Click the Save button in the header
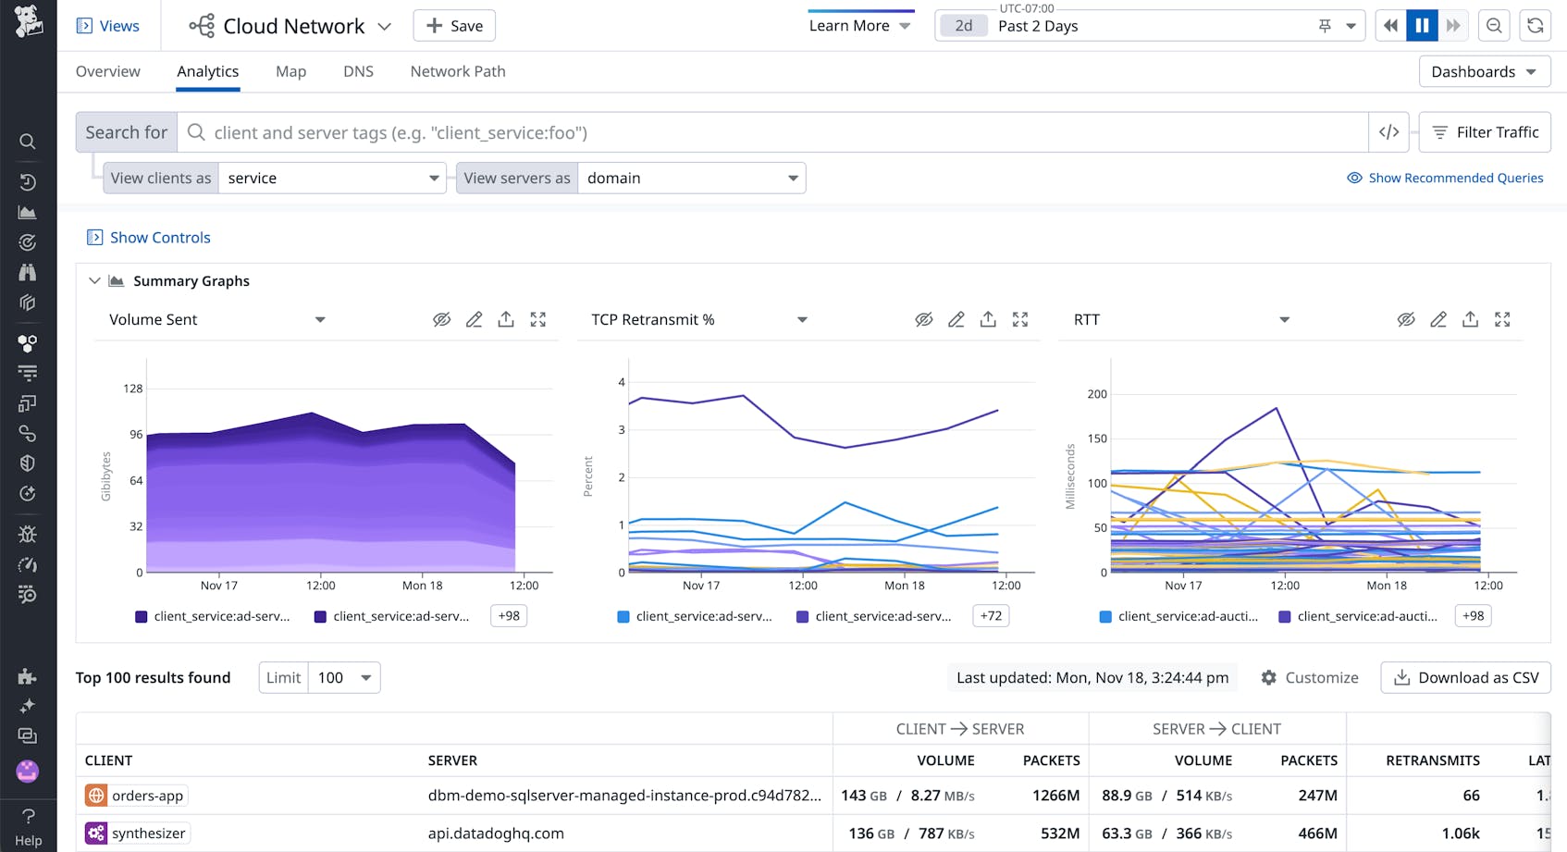point(454,26)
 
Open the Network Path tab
point(458,71)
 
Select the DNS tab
point(358,71)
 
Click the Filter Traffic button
point(1485,132)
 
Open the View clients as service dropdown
point(331,178)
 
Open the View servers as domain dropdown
point(690,178)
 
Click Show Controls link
point(159,238)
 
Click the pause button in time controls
point(1422,26)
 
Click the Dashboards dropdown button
point(1484,71)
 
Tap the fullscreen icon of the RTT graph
point(1502,319)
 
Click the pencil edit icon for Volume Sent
point(474,319)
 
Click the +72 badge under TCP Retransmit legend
point(991,616)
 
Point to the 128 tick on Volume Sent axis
point(133,389)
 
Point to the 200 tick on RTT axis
point(1097,394)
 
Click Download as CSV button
point(1465,677)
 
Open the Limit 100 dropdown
point(343,677)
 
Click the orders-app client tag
point(147,796)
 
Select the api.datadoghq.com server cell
point(496,833)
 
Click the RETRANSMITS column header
point(1432,760)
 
